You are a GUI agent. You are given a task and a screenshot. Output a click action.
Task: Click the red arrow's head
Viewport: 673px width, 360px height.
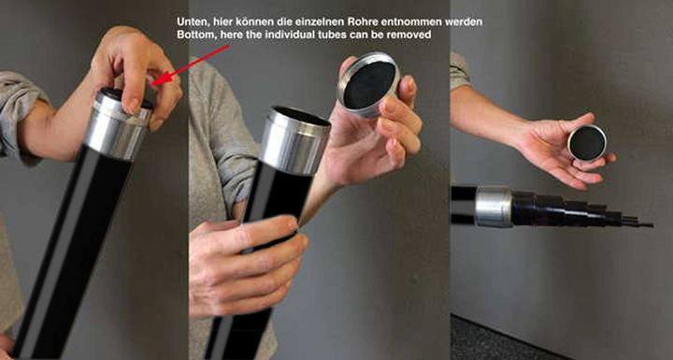click(158, 80)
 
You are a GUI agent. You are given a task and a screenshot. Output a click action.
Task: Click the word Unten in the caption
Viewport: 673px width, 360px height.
click(192, 22)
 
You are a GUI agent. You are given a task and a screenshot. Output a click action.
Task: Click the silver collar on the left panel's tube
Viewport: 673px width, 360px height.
click(117, 124)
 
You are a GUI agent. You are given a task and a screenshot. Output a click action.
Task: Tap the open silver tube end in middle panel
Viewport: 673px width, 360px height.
click(295, 139)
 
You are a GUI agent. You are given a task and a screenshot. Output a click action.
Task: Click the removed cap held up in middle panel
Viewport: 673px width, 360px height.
click(368, 85)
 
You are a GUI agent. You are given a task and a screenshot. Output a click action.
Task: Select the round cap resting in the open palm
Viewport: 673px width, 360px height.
click(587, 143)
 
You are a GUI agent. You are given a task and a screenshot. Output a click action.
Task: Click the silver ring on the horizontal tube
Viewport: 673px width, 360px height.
click(494, 207)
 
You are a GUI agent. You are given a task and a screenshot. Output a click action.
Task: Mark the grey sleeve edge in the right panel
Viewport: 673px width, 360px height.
click(459, 71)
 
